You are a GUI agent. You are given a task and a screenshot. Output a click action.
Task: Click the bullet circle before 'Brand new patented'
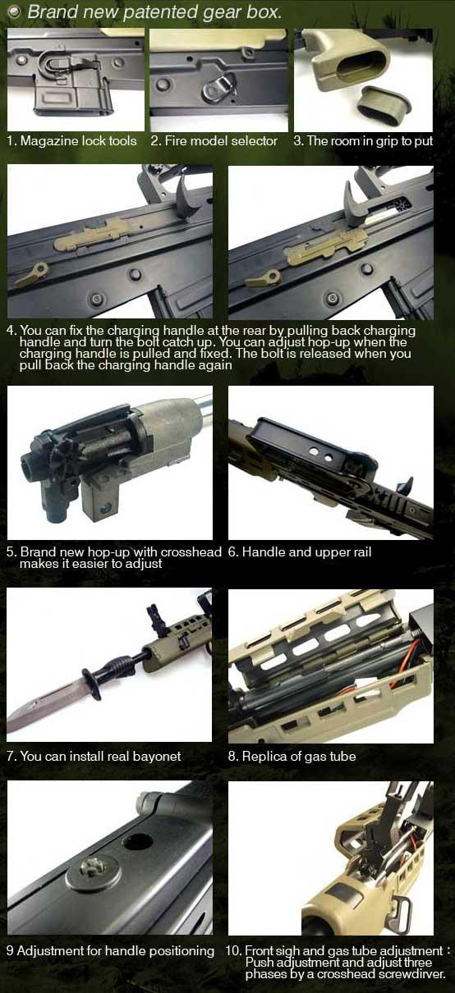(x=16, y=12)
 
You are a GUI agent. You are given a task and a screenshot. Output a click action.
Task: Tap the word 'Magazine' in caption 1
(x=49, y=141)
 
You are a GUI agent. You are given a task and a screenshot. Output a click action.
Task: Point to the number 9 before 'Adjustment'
(x=10, y=951)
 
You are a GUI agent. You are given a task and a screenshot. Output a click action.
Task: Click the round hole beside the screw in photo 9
(x=137, y=840)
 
